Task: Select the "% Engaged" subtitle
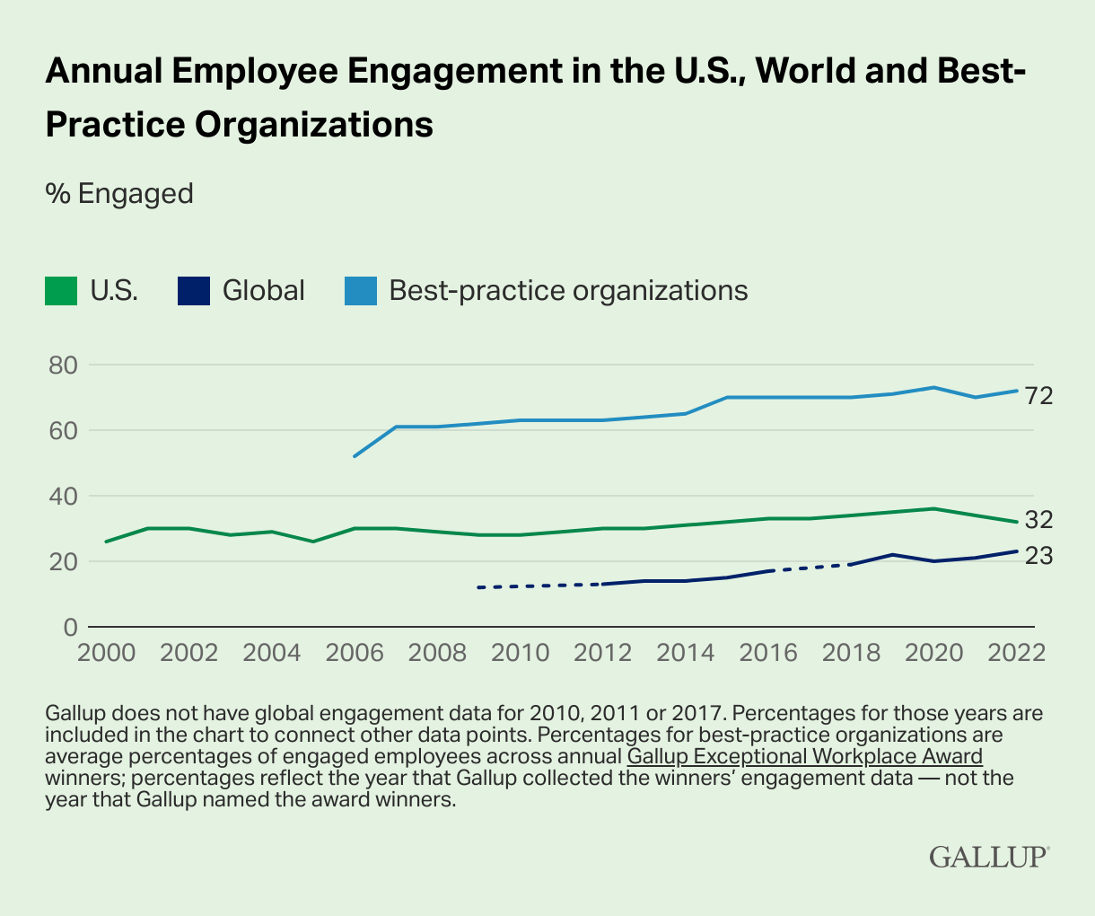click(x=119, y=193)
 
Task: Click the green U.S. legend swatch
click(x=61, y=291)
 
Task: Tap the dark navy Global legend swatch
click(x=194, y=291)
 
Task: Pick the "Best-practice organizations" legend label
click(x=567, y=291)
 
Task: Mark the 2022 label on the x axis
click(x=1016, y=652)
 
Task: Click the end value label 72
click(x=1039, y=395)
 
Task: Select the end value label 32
click(x=1039, y=520)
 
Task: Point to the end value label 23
click(x=1039, y=557)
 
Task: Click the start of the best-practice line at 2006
click(x=355, y=456)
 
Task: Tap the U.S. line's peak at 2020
click(x=933, y=508)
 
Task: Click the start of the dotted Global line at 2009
click(x=478, y=587)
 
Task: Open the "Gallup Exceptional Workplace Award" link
click(x=805, y=756)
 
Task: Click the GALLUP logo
click(x=988, y=856)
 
